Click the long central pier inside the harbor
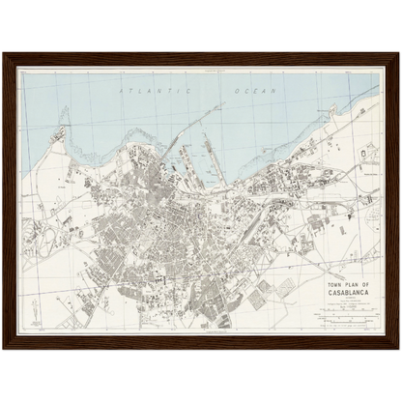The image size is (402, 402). coord(208,155)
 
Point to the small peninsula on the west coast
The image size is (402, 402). coord(64,131)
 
